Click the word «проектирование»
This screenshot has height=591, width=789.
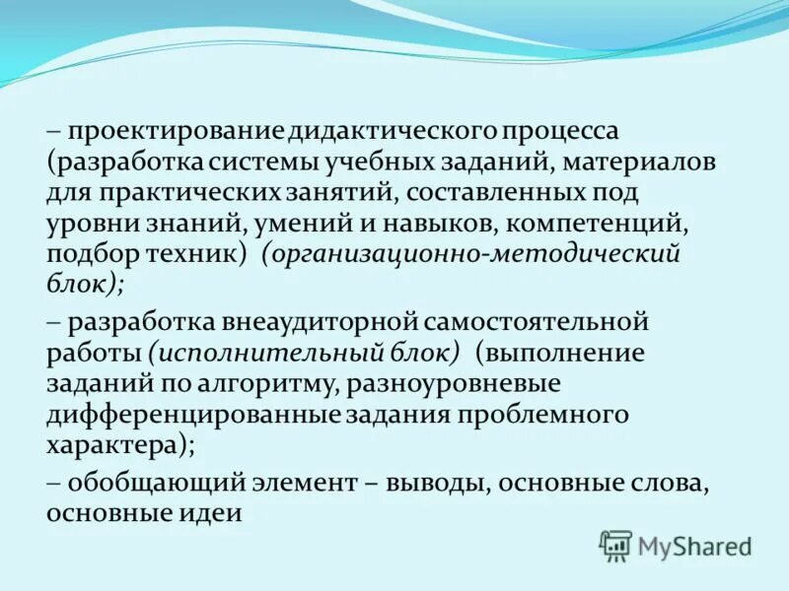pyautogui.click(x=176, y=131)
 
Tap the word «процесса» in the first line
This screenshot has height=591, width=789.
pyautogui.click(x=560, y=131)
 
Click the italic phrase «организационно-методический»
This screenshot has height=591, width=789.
pyautogui.click(x=472, y=253)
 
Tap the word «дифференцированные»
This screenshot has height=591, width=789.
pyautogui.click(x=192, y=415)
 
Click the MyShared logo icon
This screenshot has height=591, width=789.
pyautogui.click(x=615, y=545)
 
